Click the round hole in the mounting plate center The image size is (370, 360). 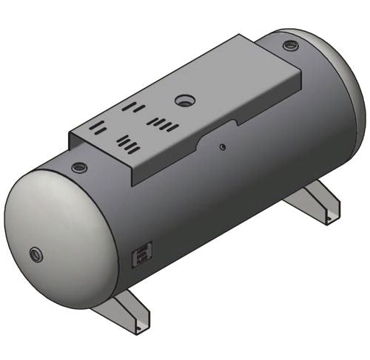click(183, 99)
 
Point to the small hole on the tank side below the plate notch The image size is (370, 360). click(221, 146)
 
